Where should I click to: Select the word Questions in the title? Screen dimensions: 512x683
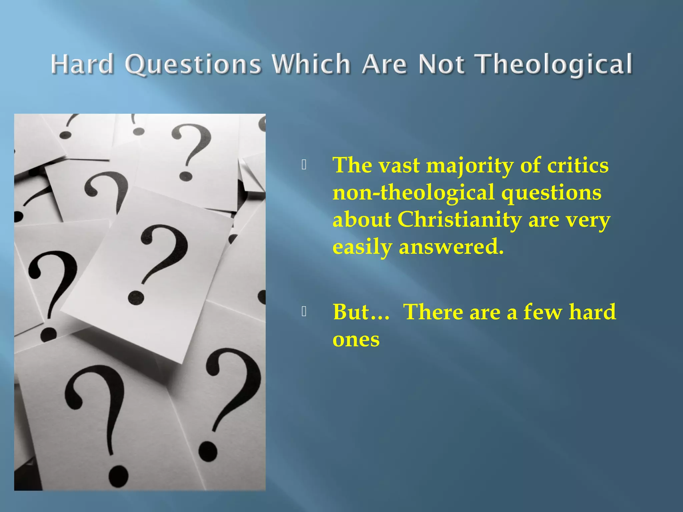click(193, 64)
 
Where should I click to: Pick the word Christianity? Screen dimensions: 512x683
click(460, 220)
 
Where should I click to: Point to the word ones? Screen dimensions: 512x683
click(356, 339)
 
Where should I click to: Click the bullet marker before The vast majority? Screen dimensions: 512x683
click(304, 165)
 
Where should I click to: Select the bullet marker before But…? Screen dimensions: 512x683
click(304, 311)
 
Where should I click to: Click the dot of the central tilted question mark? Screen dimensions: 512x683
click(136, 298)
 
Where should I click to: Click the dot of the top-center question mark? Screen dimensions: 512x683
click(186, 176)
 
